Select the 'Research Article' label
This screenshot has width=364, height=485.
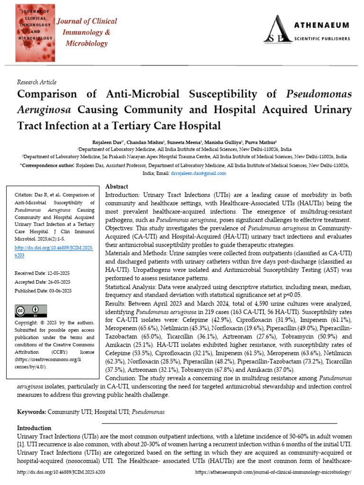click(36, 82)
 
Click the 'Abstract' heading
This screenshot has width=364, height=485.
click(116, 187)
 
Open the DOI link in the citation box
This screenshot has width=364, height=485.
click(55, 251)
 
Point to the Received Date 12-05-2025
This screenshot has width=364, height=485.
click(43, 273)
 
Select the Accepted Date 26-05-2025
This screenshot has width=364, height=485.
click(43, 281)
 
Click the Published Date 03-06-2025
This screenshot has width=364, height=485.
click(43, 290)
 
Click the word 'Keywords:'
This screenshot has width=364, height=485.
click(32, 412)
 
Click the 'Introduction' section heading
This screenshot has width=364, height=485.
click(34, 428)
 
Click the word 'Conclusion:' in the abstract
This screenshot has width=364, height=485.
click(120, 378)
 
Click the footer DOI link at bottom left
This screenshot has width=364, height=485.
click(61, 472)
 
